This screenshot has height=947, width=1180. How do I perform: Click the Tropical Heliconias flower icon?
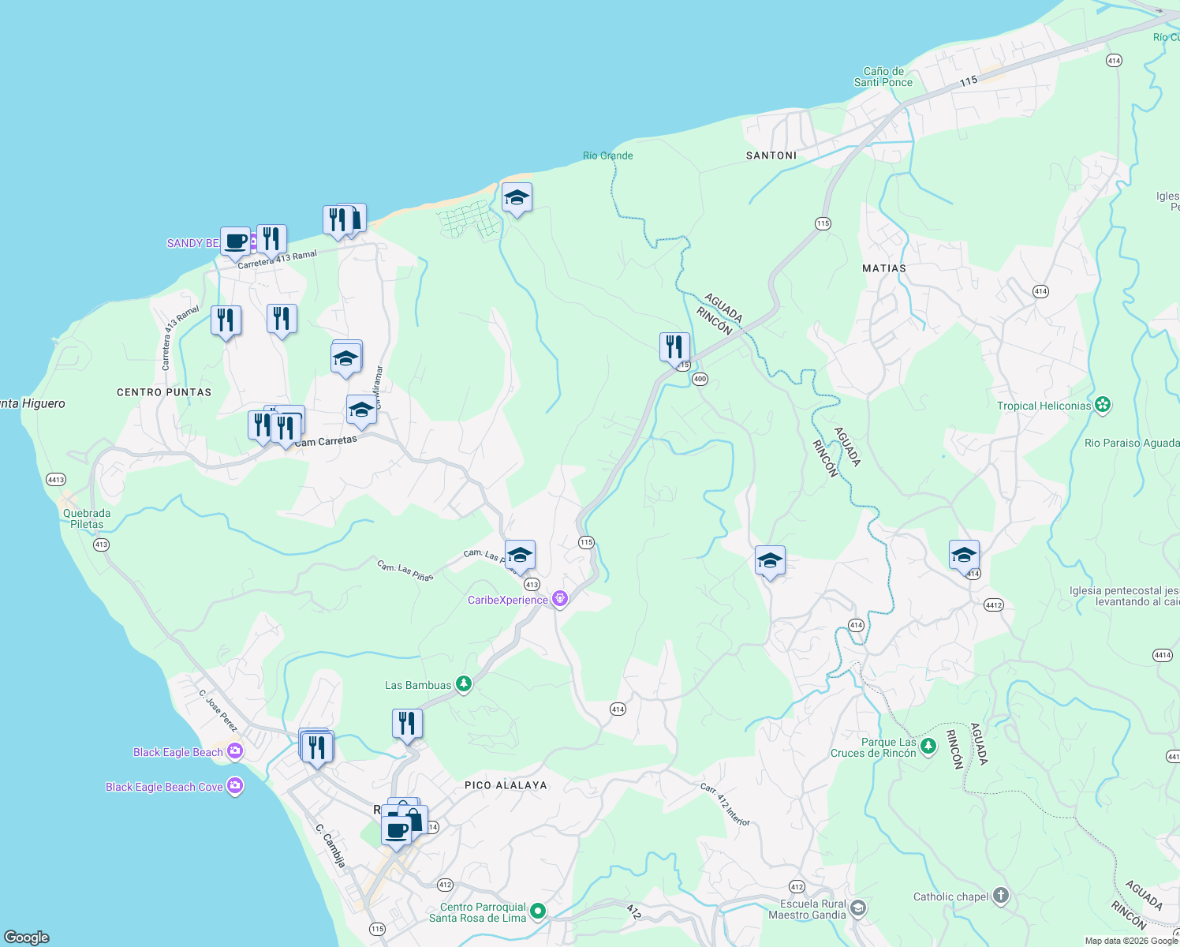(x=1103, y=406)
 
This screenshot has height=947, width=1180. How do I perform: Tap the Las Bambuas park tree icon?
(x=464, y=684)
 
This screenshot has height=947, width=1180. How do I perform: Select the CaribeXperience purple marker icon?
(x=560, y=599)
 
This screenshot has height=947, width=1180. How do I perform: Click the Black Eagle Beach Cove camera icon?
(x=234, y=786)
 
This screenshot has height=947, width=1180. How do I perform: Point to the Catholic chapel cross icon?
(x=1001, y=896)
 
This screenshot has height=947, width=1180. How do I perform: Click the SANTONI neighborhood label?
(x=771, y=155)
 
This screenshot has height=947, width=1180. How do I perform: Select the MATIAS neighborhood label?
(x=884, y=268)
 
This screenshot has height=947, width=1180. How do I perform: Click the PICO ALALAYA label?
(x=506, y=785)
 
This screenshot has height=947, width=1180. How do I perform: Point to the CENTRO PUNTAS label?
(x=164, y=392)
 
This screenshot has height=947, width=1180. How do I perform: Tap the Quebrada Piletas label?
(x=87, y=518)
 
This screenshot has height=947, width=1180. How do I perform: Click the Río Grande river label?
(x=607, y=155)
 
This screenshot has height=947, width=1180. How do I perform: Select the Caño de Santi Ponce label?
(x=883, y=77)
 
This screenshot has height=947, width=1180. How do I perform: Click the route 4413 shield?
(x=56, y=479)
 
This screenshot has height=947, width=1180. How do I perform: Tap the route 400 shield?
(x=700, y=379)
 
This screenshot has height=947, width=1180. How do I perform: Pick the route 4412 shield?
(x=993, y=605)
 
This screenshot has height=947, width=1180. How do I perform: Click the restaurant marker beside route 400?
(x=674, y=347)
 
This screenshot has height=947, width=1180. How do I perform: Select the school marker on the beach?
(x=517, y=198)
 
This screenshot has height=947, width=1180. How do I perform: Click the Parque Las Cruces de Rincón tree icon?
(x=928, y=746)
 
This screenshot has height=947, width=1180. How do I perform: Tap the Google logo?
(x=27, y=937)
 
